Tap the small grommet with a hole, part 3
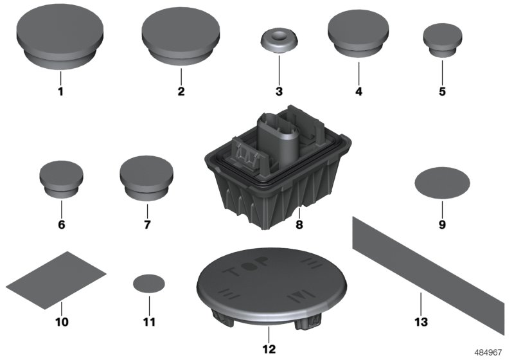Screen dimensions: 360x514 pos(279,42)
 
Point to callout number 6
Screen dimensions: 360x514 pos(61,226)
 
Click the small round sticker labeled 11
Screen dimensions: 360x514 pos(148,283)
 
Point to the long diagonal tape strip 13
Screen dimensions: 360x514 pos(430,270)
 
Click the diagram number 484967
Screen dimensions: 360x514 pos(490,353)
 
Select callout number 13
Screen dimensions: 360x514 pos(420,320)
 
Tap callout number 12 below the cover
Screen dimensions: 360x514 pos(269,350)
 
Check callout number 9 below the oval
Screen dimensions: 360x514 pos(441,226)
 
